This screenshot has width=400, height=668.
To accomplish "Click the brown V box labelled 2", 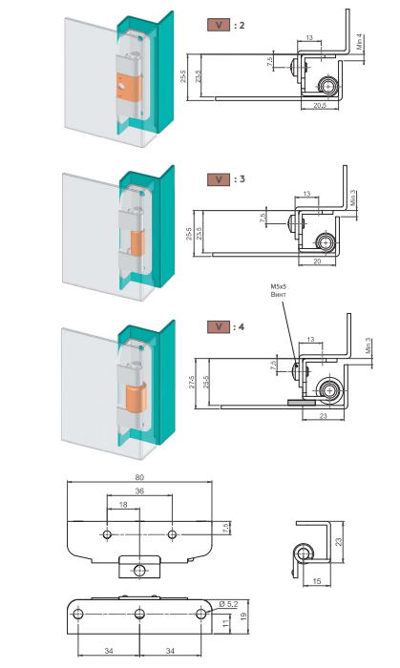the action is pyautogui.click(x=219, y=25).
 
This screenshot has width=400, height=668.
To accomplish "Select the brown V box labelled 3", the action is pyautogui.click(x=219, y=179).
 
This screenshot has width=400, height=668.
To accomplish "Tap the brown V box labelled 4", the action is pyautogui.click(x=219, y=327).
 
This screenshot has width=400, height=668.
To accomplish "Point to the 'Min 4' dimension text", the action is pyautogui.click(x=360, y=41).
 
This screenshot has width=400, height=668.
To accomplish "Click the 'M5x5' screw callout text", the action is pyautogui.click(x=278, y=286).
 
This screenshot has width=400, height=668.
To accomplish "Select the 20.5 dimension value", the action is pyautogui.click(x=320, y=105).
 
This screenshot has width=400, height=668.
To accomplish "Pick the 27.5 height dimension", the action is pyautogui.click(x=192, y=382).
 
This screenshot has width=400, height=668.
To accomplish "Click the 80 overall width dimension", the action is pyautogui.click(x=139, y=477).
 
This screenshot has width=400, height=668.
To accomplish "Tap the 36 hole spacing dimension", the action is pyautogui.click(x=139, y=491).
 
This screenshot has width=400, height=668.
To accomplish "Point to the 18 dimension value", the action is pyautogui.click(x=123, y=505).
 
